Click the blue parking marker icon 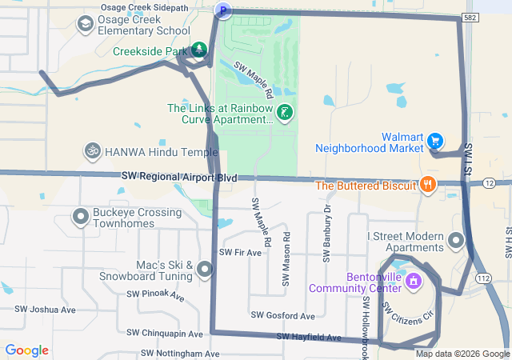tap(223, 10)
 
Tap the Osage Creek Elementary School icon tap(84, 25)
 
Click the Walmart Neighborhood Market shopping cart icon tap(434, 141)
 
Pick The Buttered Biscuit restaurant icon tap(428, 185)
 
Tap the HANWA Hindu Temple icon tap(92, 150)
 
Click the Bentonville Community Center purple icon tap(413, 281)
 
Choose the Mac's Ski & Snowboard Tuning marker tap(205, 270)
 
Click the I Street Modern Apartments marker tap(456, 240)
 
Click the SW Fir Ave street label tap(240, 253)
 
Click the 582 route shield tap(471, 16)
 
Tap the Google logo tap(27, 350)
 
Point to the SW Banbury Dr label tap(327, 233)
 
